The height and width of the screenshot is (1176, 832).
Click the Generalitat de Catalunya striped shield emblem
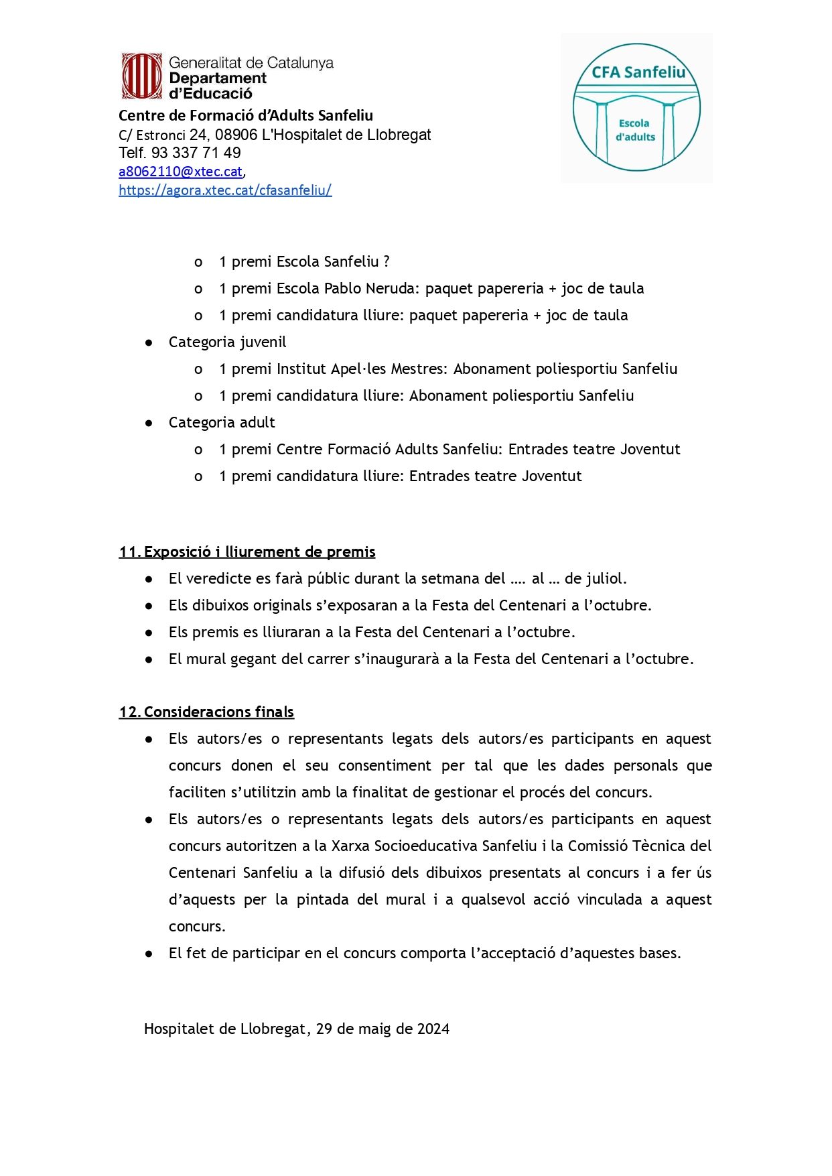tap(141, 76)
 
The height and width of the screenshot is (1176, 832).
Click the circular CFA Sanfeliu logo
tap(636, 108)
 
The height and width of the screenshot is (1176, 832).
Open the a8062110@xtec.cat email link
tap(180, 172)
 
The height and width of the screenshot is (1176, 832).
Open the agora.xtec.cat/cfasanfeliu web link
tap(225, 190)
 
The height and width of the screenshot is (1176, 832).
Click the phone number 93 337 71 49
tap(196, 153)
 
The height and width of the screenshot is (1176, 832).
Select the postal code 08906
tap(236, 135)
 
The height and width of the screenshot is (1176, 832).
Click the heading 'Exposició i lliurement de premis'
tap(259, 551)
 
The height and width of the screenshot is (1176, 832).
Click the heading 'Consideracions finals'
tap(218, 712)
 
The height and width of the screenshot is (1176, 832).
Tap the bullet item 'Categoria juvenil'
tap(227, 342)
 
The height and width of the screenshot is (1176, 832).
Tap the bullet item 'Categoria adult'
tap(222, 422)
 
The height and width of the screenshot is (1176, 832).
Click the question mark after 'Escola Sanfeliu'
tap(387, 261)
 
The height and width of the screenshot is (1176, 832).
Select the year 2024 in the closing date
tap(433, 1029)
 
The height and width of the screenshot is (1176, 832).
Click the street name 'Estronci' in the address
tap(161, 135)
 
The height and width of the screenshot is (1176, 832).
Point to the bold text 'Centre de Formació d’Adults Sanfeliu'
tap(245, 115)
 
